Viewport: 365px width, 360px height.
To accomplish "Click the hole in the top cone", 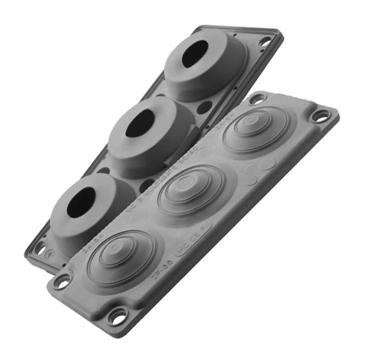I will [x=194, y=55].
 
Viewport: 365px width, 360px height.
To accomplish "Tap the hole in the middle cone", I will [x=140, y=123].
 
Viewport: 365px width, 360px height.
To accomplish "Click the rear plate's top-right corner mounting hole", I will [x=265, y=41].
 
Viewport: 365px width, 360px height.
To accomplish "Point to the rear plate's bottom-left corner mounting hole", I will [x=41, y=248].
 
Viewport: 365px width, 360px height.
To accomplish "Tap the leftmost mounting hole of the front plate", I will [x=61, y=282].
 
